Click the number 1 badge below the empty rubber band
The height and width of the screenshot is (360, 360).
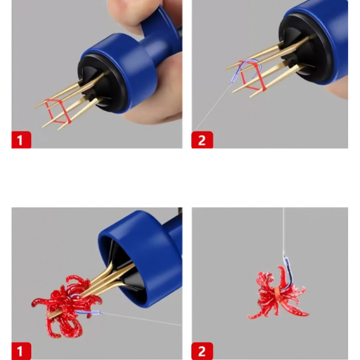[21, 140]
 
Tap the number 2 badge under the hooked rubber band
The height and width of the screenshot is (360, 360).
[202, 140]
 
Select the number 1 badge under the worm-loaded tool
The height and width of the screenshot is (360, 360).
[21, 351]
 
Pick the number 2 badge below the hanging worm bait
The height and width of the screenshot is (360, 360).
[202, 351]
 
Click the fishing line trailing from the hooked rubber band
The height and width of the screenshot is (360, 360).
[212, 107]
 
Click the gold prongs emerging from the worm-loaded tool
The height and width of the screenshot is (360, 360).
[110, 278]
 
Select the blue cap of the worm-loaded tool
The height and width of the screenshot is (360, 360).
[140, 257]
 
